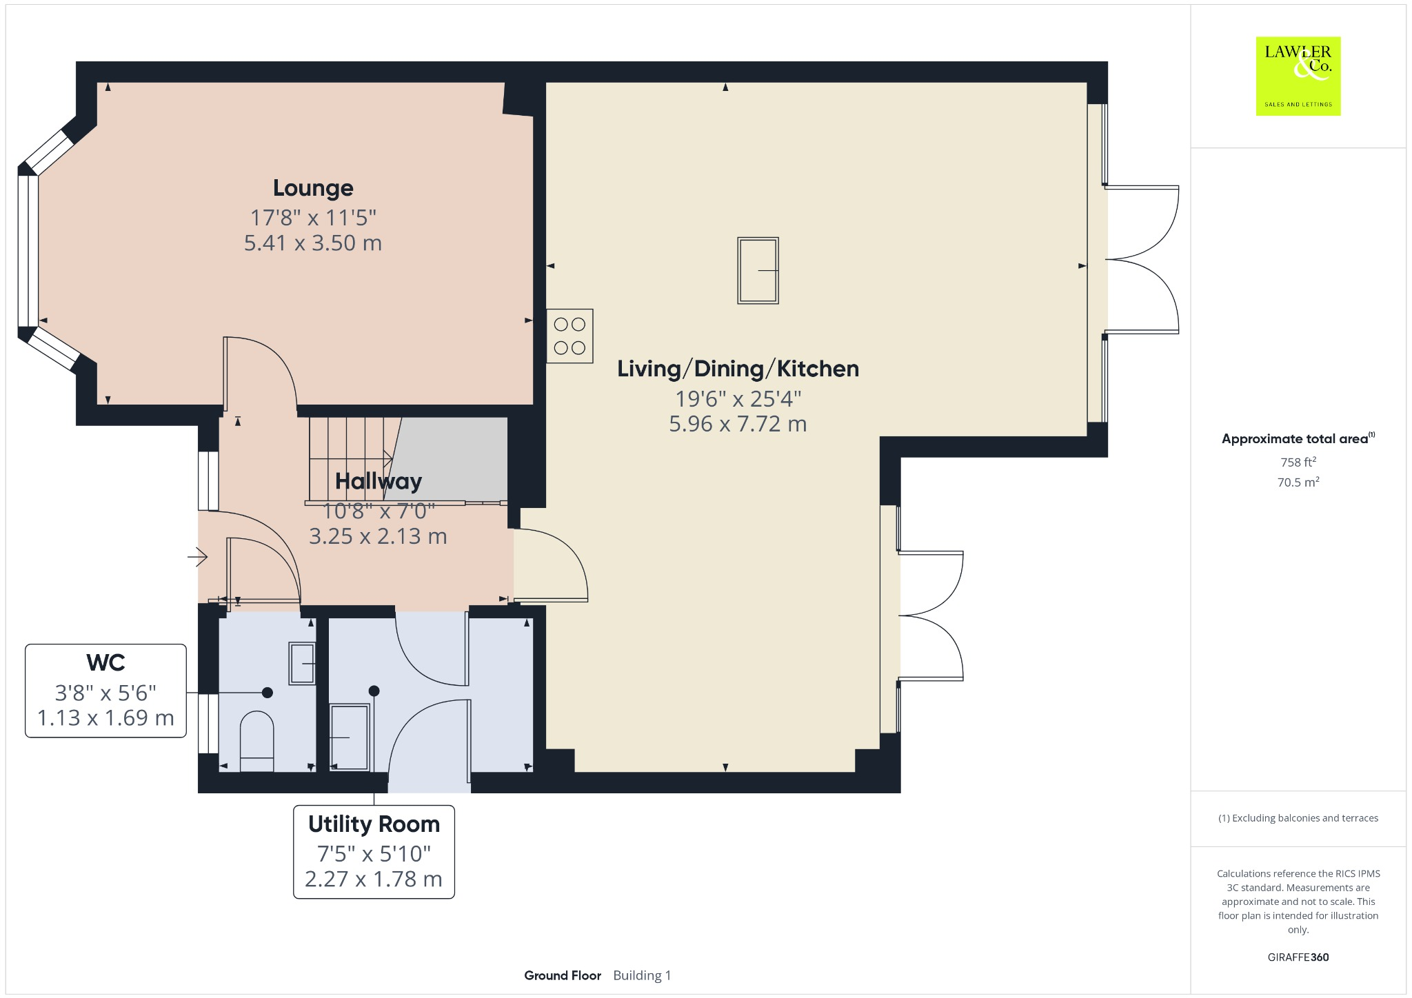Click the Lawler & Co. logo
(1298, 76)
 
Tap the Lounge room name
(313, 188)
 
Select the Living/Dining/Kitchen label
(738, 369)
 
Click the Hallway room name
(379, 481)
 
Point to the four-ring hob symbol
(569, 336)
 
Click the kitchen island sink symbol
(758, 270)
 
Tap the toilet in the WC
(256, 741)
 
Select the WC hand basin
(302, 663)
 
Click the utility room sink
(350, 737)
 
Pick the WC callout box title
(105, 662)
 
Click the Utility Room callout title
(374, 824)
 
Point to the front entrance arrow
(198, 556)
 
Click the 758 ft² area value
(1298, 462)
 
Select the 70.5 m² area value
(1298, 482)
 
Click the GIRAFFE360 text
(1298, 957)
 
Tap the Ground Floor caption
(563, 975)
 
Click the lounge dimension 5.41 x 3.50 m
(313, 243)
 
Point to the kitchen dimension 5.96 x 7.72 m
(738, 423)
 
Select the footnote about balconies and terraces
(1298, 818)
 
